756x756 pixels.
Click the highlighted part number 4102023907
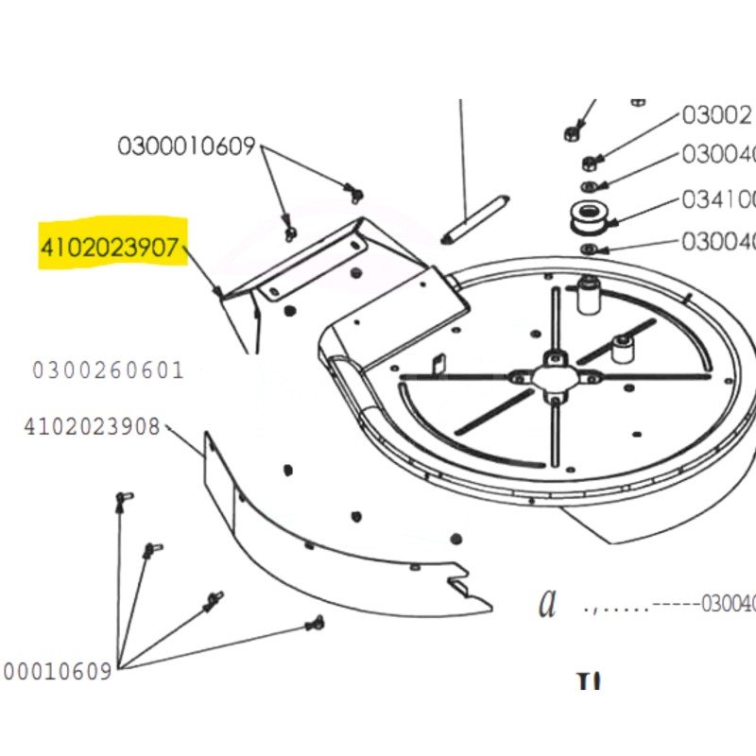(109, 248)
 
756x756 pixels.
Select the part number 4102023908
(92, 426)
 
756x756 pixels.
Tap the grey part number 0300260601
(108, 370)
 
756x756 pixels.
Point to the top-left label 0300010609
(186, 146)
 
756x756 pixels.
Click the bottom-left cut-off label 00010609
(57, 672)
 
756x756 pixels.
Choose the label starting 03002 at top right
(717, 115)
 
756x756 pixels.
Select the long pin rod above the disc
(478, 216)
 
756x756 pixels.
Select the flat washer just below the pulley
(588, 249)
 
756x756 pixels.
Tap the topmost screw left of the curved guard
(122, 497)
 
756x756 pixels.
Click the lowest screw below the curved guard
(315, 623)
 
